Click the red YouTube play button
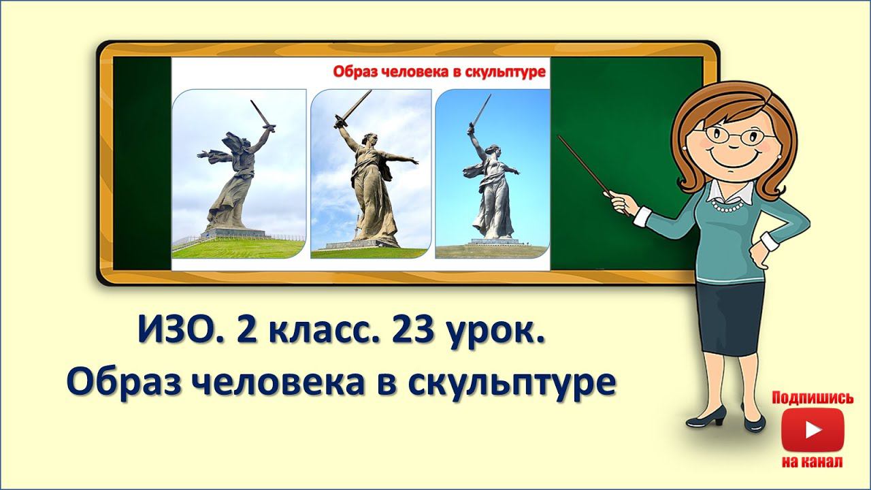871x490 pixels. click(812, 429)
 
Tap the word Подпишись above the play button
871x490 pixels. click(812, 398)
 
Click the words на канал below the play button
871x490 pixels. click(812, 462)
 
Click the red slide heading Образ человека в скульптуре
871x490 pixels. click(440, 72)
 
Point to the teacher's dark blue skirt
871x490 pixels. click(729, 320)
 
